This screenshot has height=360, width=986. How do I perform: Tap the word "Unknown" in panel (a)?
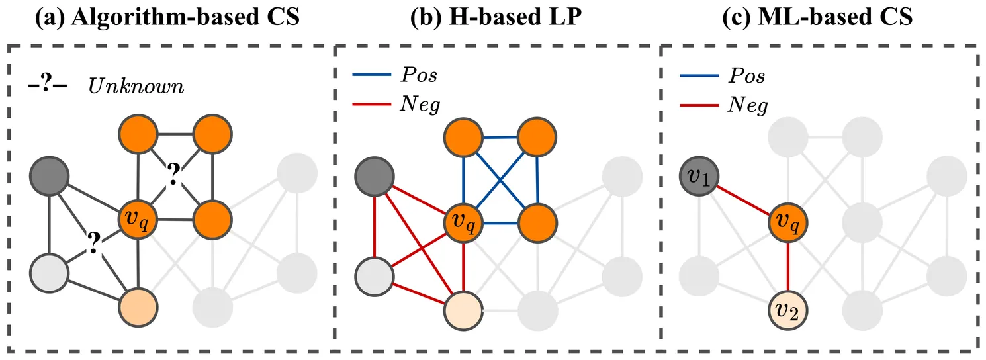[x=136, y=87]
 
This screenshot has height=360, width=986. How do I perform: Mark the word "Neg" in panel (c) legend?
[x=748, y=104]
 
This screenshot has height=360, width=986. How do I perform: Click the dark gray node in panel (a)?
[x=50, y=176]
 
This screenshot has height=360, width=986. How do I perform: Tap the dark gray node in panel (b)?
[x=374, y=176]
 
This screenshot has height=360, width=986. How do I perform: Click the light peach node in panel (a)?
[x=137, y=306]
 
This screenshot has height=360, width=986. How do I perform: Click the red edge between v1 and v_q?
[x=744, y=199]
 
